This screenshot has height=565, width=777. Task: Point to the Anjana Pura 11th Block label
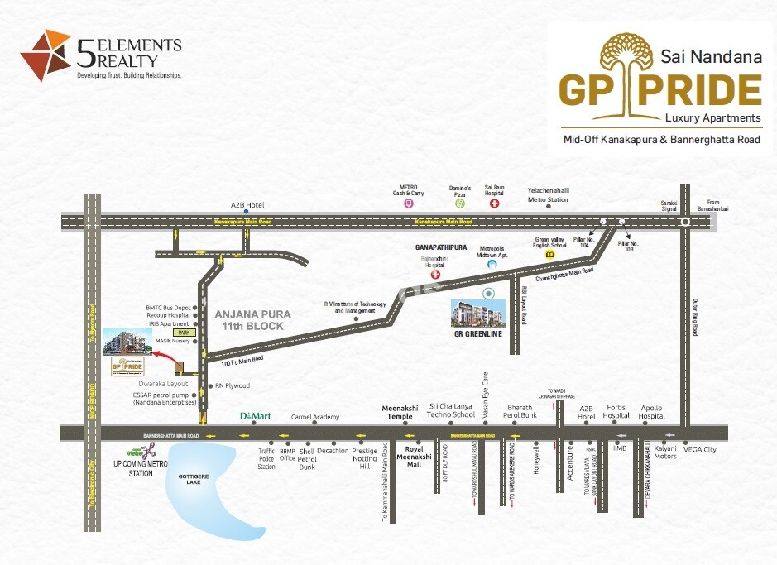[249, 320]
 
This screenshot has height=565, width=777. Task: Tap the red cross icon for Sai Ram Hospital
[495, 203]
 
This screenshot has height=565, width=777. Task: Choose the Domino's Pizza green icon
[460, 203]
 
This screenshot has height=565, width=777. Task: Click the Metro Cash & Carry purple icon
[408, 203]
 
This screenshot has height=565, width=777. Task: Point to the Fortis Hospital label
[616, 412]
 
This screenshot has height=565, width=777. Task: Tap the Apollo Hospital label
[651, 412]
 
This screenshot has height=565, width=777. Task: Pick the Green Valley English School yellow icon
[549, 256]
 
